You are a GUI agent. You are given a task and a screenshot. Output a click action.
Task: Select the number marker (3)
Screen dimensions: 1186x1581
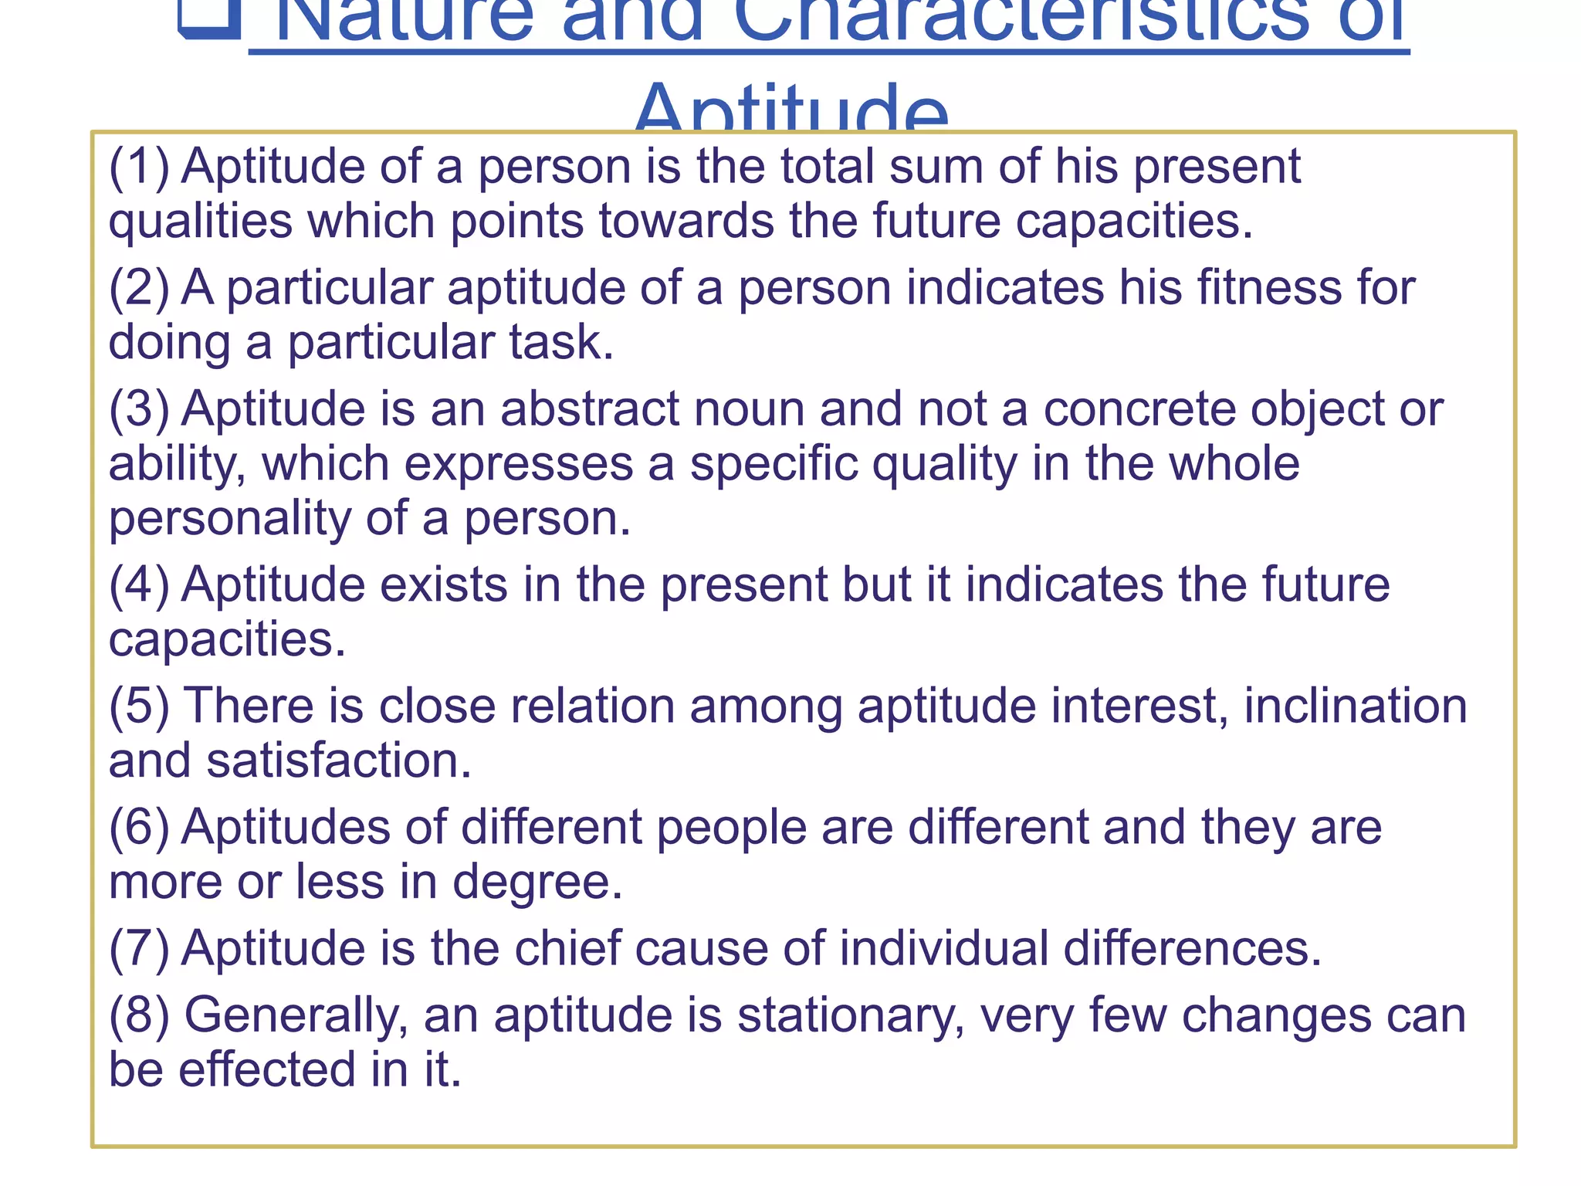click(139, 408)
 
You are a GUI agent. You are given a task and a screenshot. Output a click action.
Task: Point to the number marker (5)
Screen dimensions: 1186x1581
click(139, 707)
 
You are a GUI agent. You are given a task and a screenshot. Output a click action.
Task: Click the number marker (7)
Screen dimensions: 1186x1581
click(139, 948)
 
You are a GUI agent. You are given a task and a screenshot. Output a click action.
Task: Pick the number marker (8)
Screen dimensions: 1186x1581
click(139, 1015)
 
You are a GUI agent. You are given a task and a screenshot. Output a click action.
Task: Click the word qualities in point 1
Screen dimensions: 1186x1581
click(200, 222)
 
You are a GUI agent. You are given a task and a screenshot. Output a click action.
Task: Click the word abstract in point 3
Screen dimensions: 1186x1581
click(590, 408)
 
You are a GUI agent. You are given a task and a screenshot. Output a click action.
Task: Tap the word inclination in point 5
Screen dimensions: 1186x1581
click(1355, 707)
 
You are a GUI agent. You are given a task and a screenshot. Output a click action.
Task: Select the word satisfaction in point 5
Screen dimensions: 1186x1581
click(339, 761)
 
